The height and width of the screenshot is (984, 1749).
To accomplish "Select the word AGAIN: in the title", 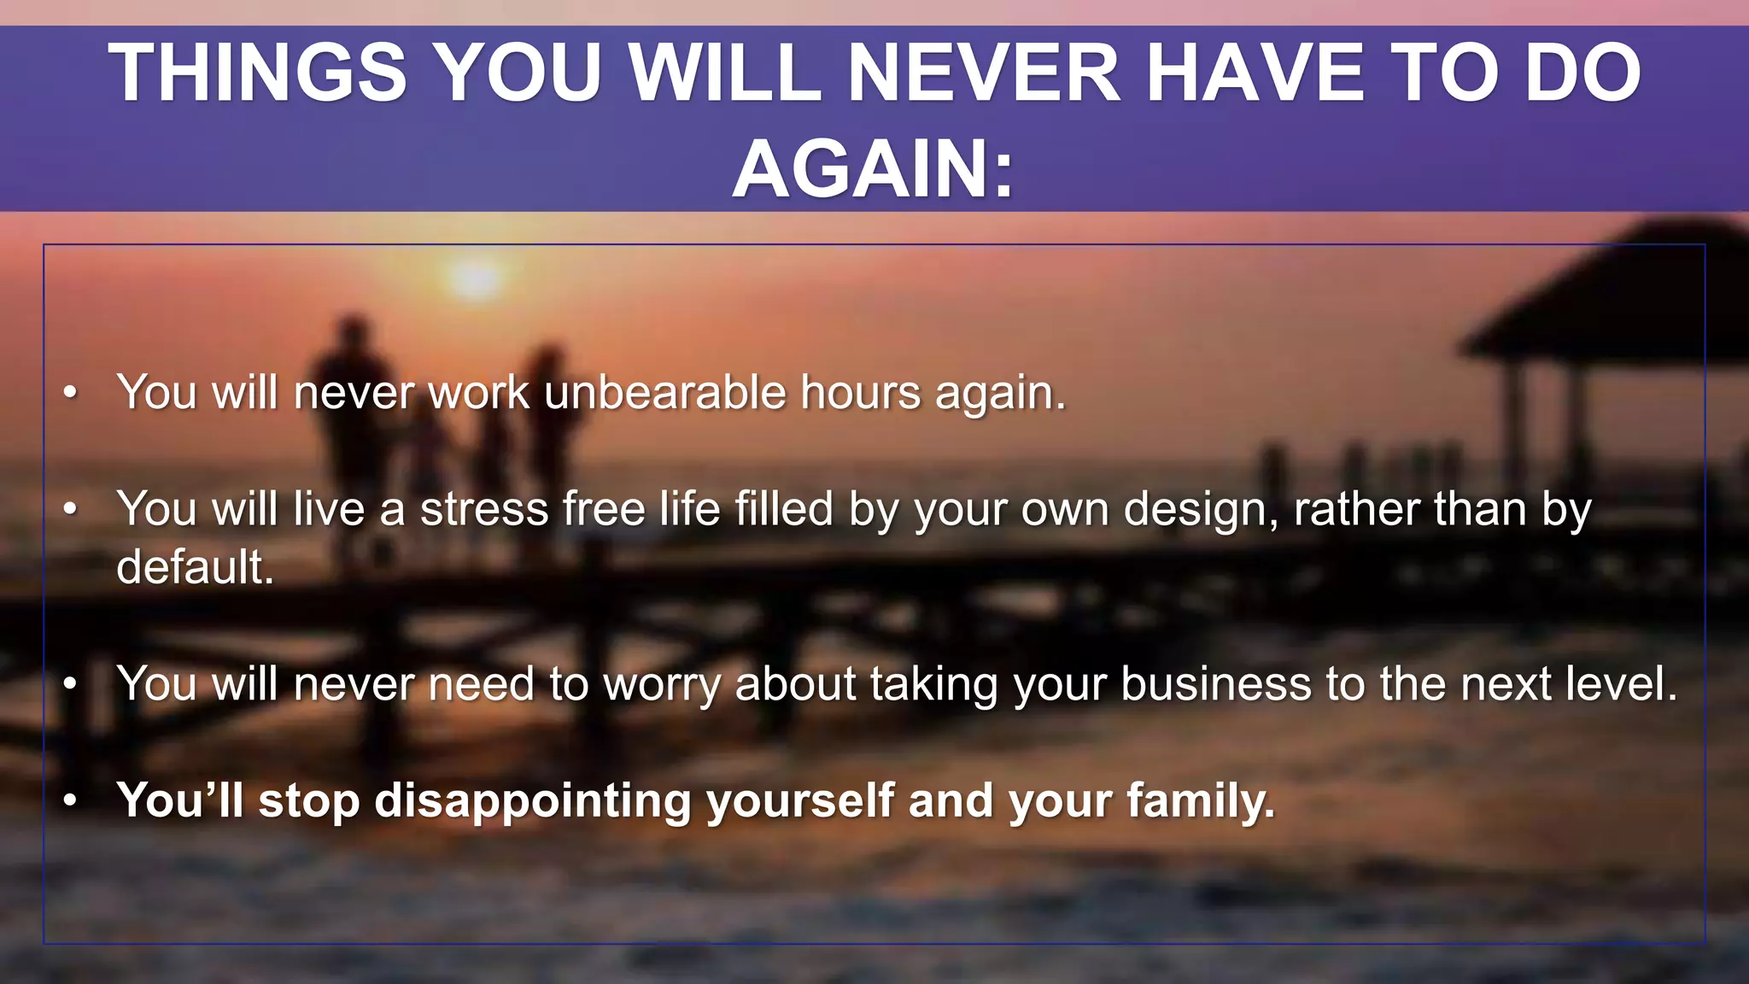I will tap(873, 169).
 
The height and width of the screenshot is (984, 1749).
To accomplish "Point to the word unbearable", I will tap(664, 393).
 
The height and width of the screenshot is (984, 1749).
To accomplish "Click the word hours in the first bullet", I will tap(861, 393).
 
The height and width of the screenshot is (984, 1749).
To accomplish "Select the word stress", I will tap(484, 509).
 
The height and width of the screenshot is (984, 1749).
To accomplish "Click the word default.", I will tap(195, 567).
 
